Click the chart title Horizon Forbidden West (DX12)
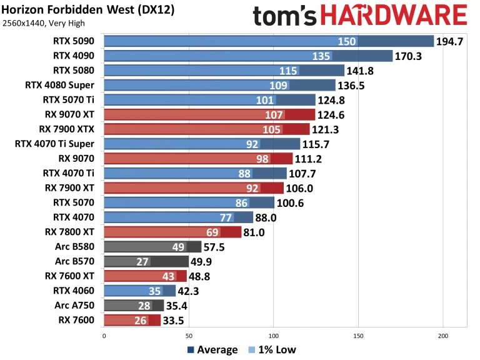87,11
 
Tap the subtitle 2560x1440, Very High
44,24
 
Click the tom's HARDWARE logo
360,16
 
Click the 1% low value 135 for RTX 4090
322,56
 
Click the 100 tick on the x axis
273,336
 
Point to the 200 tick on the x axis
443,336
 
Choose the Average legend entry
212,350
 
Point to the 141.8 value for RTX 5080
361,71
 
